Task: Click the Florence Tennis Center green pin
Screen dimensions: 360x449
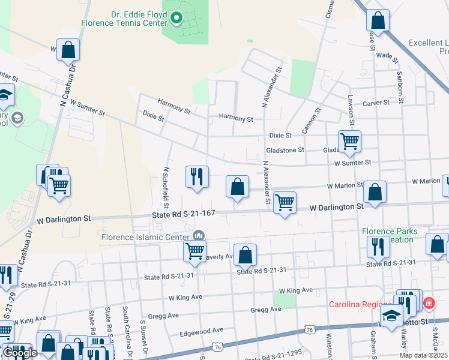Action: [x=176, y=20]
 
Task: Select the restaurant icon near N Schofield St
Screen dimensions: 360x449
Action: [x=197, y=176]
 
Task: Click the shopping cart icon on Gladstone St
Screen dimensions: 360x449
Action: [x=349, y=142]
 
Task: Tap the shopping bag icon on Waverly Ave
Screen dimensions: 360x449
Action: [x=245, y=255]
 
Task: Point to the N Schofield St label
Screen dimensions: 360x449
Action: [x=166, y=184]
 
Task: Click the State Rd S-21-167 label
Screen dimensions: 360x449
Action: [x=184, y=214]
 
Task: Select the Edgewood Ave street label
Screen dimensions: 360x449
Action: [x=201, y=329]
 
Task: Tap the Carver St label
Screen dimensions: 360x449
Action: [x=376, y=103]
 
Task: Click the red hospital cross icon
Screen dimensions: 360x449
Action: [x=429, y=304]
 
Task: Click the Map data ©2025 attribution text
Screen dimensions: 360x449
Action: [x=423, y=355]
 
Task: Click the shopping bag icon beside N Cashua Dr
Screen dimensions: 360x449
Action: [x=68, y=50]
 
